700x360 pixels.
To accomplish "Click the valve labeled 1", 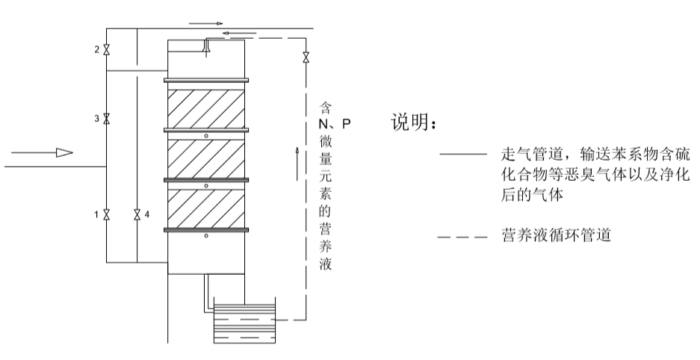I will coord(107,215).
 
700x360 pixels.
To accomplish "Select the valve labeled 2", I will coord(107,50).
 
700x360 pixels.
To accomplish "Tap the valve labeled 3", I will coord(107,119).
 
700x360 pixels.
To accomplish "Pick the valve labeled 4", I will coord(137,215).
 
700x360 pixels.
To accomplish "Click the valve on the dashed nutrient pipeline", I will coord(306,58).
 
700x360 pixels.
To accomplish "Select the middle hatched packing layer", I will coord(206,156).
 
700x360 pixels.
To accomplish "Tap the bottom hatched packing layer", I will coord(206,206).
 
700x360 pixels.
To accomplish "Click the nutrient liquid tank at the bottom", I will coord(244,321).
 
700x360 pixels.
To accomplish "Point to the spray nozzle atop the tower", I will coord(207,46).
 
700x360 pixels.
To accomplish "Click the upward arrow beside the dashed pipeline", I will coord(297,157).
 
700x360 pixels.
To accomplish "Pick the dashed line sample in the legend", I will coord(462,237).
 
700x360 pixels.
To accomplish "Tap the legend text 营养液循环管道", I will coord(557,237).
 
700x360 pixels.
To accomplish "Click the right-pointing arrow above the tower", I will coord(208,23).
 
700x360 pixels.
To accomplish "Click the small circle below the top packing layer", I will coord(206,136).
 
